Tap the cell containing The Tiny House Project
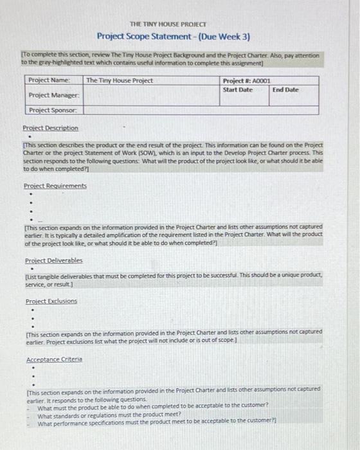coord(120,80)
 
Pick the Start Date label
coord(238,89)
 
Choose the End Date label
coord(285,89)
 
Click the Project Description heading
coord(51,128)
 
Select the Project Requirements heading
coord(55,186)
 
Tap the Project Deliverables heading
coord(53,261)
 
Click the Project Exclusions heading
coord(51,301)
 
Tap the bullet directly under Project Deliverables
coord(30,269)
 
